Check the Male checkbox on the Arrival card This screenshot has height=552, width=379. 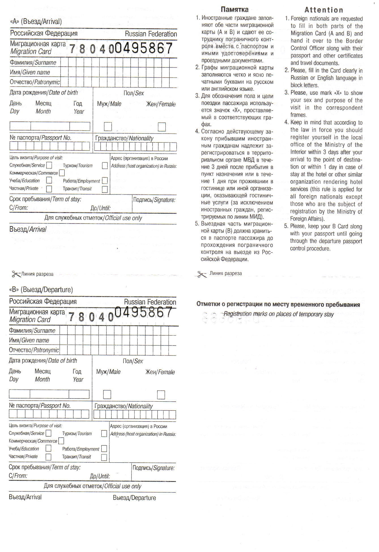pyautogui.click(x=108, y=126)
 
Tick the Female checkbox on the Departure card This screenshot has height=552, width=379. pyautogui.click(x=161, y=395)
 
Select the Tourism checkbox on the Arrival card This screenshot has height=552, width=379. pyautogui.click(x=105, y=165)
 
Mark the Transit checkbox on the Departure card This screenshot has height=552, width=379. pyautogui.click(x=104, y=457)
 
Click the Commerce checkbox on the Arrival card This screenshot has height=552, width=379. pyautogui.click(x=62, y=173)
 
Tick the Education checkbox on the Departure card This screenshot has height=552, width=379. pyautogui.click(x=48, y=448)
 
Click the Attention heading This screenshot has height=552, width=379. pyautogui.click(x=324, y=10)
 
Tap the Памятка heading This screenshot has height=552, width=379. pyautogui.click(x=235, y=10)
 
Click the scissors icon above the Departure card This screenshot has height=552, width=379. pyautogui.click(x=16, y=274)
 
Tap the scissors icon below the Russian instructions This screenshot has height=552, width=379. pyautogui.click(x=201, y=274)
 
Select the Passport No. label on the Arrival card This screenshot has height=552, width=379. pyautogui.click(x=40, y=138)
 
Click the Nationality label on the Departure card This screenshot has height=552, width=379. pyautogui.click(x=124, y=406)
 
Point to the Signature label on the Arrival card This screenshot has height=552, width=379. pyautogui.click(x=154, y=200)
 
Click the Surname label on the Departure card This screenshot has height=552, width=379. pyautogui.click(x=32, y=331)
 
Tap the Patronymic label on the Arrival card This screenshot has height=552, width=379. pyautogui.click(x=35, y=82)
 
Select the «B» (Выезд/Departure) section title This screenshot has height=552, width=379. pyautogui.click(x=41, y=290)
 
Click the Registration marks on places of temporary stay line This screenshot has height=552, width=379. pyautogui.click(x=278, y=314)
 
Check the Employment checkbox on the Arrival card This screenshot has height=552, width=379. pyautogui.click(x=105, y=180)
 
